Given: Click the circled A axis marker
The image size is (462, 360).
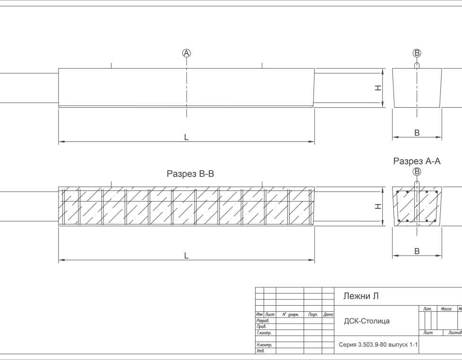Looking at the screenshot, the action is click(187, 53).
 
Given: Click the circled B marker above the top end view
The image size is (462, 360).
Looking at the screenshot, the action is click(417, 53).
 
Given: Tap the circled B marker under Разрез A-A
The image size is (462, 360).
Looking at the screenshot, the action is click(417, 171).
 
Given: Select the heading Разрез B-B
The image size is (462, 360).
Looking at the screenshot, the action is click(190, 174).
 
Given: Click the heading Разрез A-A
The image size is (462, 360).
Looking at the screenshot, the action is click(417, 161).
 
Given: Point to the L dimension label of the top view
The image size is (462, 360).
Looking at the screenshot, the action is click(186, 137).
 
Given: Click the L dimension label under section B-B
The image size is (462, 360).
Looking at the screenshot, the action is click(186, 256).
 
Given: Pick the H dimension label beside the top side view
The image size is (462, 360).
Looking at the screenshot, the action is click(378, 88).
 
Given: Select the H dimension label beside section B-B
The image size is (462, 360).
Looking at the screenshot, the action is click(378, 206).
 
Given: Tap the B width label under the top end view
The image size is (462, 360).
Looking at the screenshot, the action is click(417, 133).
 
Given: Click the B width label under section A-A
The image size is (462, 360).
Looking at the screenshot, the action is click(417, 251).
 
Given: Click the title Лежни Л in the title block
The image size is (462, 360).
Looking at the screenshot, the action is click(361, 296).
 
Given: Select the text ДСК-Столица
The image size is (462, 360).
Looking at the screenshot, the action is click(367, 321).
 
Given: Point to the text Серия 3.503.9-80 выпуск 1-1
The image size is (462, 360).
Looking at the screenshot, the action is click(378, 345).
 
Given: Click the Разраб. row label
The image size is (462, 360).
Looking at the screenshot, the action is click(263, 320).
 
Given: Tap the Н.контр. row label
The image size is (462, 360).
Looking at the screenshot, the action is click(264, 345).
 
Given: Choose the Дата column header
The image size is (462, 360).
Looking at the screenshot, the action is click(328, 315).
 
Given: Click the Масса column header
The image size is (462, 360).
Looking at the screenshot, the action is click(446, 309).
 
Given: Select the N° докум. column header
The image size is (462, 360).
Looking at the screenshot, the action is click(291, 315).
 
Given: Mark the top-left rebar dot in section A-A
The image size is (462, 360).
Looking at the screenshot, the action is click(398, 192).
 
